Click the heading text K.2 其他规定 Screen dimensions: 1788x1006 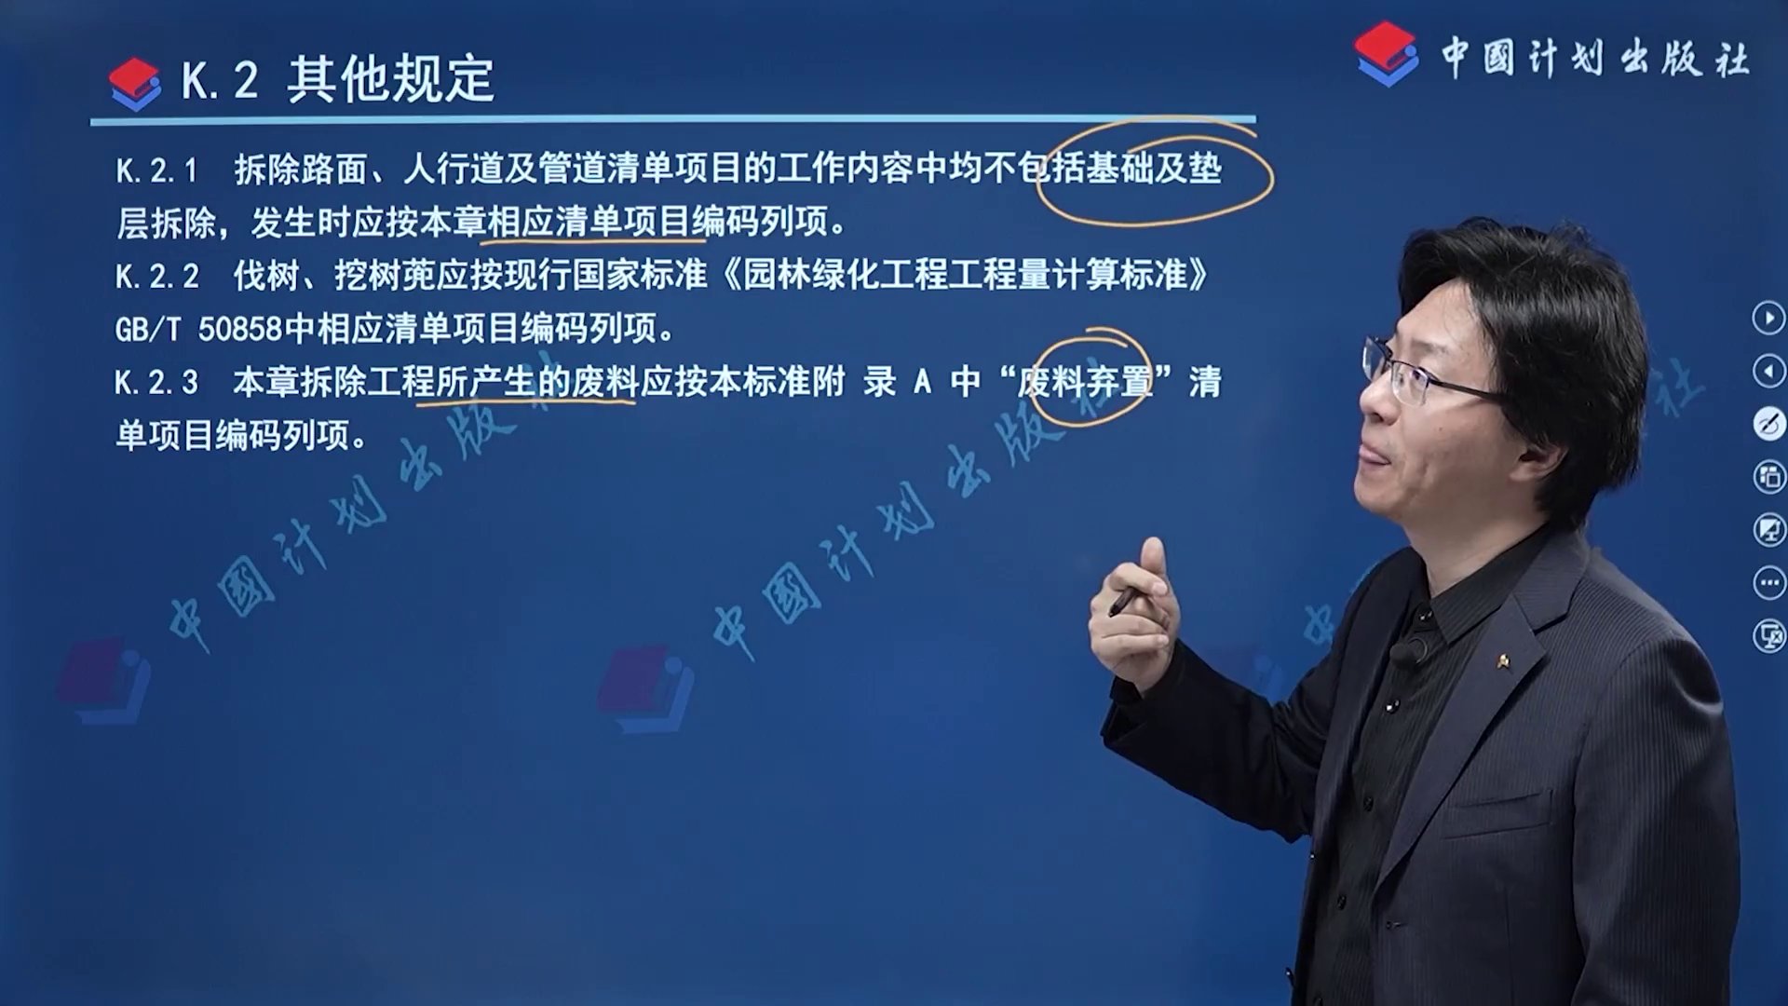tap(337, 79)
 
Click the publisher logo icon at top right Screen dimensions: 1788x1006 tap(1387, 54)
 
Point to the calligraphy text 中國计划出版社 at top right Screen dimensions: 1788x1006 tap(1595, 58)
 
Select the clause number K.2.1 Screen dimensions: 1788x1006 tap(156, 170)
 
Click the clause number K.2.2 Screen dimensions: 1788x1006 tap(156, 277)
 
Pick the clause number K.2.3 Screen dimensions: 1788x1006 tap(156, 383)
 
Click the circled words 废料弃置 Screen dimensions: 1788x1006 tap(1085, 382)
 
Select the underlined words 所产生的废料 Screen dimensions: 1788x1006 tap(520, 382)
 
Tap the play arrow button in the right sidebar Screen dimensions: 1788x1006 tap(1768, 318)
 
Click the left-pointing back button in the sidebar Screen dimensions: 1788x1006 tap(1768, 372)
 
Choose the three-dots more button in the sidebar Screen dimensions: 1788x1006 tap(1768, 583)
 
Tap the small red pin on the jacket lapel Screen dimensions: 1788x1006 tap(1502, 661)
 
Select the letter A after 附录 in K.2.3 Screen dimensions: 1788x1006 tap(923, 383)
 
